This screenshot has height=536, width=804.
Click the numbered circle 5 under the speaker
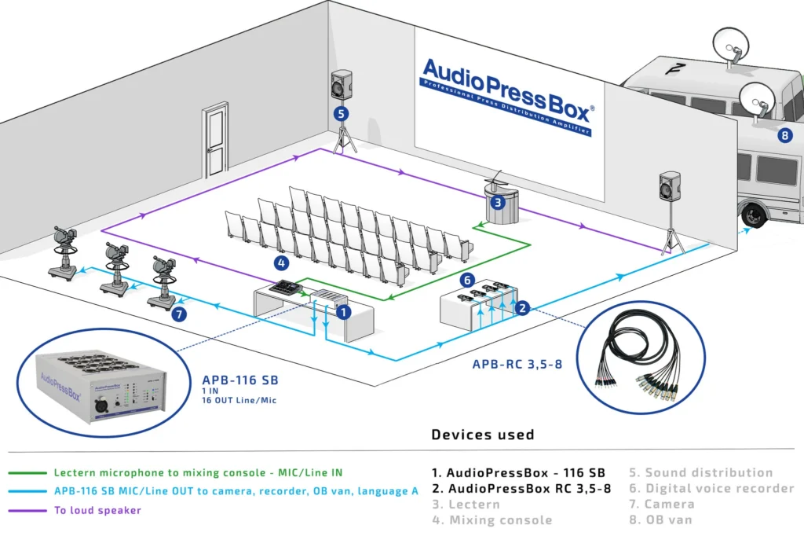pos(341,113)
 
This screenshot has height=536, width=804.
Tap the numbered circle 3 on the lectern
pos(497,202)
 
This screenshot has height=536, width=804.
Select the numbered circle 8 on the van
pos(784,135)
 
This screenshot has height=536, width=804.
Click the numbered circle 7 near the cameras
pos(180,314)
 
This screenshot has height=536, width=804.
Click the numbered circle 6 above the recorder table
pos(466,279)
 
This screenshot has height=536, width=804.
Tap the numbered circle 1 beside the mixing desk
pos(342,312)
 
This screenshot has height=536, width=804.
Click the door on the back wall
pos(214,138)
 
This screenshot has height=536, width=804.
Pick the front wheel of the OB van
pos(755,213)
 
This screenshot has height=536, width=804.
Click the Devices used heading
pos(482,435)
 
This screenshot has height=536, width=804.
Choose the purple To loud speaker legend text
pos(99,510)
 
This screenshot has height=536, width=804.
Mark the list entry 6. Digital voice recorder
pos(711,488)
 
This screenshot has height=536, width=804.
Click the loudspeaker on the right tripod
pos(671,186)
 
